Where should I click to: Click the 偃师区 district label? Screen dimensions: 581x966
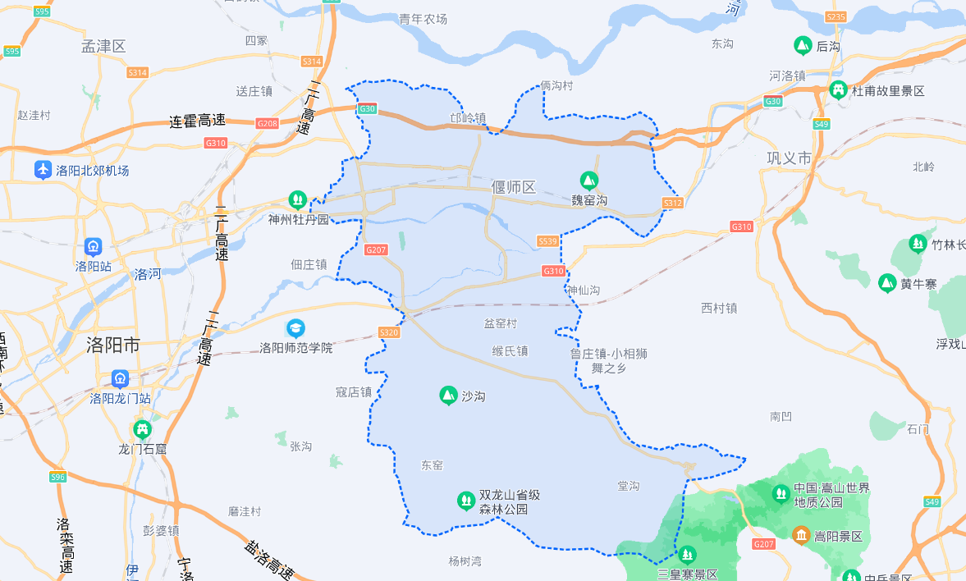coord(514,187)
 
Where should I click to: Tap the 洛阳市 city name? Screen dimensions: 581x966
coord(113,345)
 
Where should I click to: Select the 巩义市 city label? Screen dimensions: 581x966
coord(789,158)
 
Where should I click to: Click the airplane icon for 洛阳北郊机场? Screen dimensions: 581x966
coord(43,170)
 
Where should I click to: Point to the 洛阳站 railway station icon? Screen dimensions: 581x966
coord(93,247)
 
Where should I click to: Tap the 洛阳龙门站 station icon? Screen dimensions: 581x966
coord(121,379)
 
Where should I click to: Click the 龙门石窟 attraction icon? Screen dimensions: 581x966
coord(143,429)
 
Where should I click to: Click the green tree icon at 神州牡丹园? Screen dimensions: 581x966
coord(297,199)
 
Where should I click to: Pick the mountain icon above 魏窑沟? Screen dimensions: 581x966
coord(588,180)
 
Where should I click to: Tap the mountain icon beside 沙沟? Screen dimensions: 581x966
coord(448,396)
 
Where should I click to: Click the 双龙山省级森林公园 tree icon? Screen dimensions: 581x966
coord(466,501)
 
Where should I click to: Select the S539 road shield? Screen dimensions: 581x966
coord(548,241)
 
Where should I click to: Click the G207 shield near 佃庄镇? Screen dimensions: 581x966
coord(376,249)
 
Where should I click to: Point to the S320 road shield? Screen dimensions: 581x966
coord(389,332)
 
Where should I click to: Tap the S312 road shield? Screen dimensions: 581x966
coord(673,203)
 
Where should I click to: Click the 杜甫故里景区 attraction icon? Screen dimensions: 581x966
coord(838,90)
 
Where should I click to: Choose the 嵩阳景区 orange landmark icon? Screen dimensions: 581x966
coord(800,536)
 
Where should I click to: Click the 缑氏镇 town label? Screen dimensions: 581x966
coord(510,351)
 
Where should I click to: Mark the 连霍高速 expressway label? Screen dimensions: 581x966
coord(197,121)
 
